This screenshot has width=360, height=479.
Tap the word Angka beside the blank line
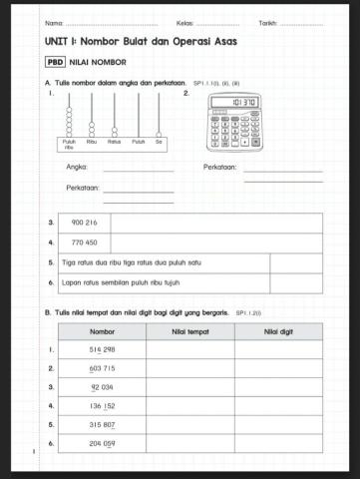pos(75,168)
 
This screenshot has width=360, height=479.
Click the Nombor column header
pos(102,331)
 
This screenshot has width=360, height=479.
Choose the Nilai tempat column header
pos(189,331)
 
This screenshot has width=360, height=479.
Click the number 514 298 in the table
pos(102,349)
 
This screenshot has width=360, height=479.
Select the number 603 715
pos(102,368)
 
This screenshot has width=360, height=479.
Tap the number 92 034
pos(102,387)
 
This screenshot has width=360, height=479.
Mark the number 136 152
pos(102,406)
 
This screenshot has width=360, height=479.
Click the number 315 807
pos(102,424)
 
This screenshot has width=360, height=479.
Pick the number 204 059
pos(102,443)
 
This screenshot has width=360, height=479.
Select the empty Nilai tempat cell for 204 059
pos(189,443)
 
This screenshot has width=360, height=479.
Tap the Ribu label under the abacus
pos(92,142)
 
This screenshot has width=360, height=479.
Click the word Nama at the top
pos(54,22)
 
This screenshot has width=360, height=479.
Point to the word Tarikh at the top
pos(267,22)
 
